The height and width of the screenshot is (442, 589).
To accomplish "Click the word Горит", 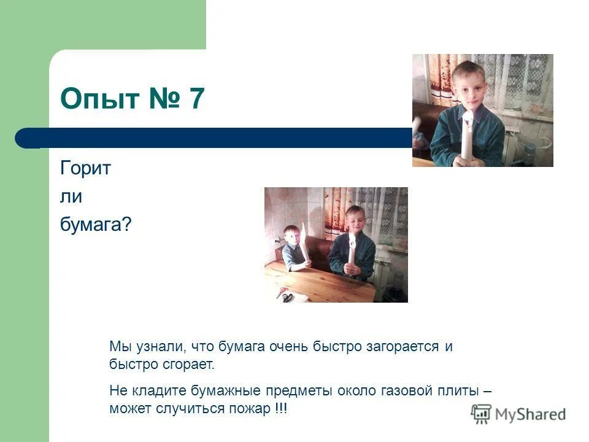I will click(85, 168).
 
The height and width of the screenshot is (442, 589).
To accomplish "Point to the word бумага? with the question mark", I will click(96, 225).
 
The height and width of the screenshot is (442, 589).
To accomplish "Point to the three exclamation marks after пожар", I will click(280, 408).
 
